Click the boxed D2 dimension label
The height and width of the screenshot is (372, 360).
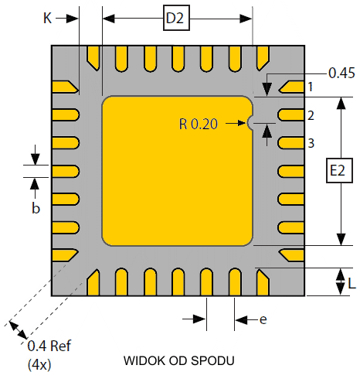176,18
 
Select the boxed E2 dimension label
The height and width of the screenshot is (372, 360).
339,170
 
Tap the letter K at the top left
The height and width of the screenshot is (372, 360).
48,19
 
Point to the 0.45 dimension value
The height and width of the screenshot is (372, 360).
341,73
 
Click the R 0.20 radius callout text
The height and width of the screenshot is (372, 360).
199,124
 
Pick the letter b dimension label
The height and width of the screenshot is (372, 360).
36,207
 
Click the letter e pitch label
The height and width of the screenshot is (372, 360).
263,319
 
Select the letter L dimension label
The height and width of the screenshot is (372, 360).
352,284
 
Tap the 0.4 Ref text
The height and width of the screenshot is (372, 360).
49,346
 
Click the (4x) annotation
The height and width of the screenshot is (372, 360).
39,364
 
